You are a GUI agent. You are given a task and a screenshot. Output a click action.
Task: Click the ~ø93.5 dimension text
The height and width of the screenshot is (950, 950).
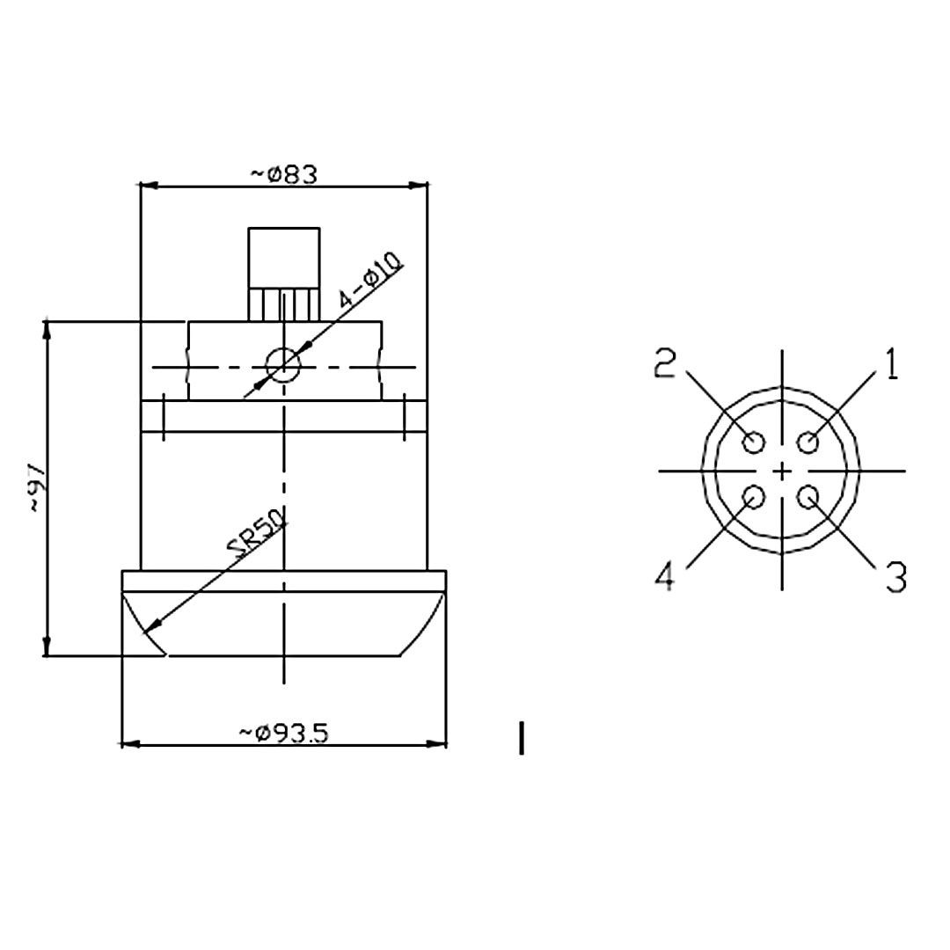click(283, 732)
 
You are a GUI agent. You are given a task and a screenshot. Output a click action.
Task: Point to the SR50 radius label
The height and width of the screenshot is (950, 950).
click(257, 535)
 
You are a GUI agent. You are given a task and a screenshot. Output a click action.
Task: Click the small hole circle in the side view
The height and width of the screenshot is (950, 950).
click(283, 364)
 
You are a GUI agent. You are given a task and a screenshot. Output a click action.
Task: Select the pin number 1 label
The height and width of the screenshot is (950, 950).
click(891, 364)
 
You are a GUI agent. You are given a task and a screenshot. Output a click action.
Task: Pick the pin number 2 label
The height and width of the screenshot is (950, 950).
click(666, 363)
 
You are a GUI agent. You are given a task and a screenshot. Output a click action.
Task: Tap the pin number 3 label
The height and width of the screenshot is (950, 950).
click(895, 577)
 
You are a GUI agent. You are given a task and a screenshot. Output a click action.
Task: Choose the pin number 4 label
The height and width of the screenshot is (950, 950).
click(666, 577)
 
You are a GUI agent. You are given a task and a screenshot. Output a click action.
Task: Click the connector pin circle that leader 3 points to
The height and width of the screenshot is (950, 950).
click(809, 498)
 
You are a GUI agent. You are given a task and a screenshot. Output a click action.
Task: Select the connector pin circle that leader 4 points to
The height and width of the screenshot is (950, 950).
click(754, 498)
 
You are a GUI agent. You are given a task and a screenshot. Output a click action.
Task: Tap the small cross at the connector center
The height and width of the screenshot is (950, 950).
click(782, 471)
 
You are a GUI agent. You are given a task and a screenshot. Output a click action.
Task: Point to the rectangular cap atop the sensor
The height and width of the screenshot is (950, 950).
click(283, 257)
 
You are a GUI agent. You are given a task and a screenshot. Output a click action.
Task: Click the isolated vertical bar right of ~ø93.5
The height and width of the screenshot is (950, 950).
click(522, 738)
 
